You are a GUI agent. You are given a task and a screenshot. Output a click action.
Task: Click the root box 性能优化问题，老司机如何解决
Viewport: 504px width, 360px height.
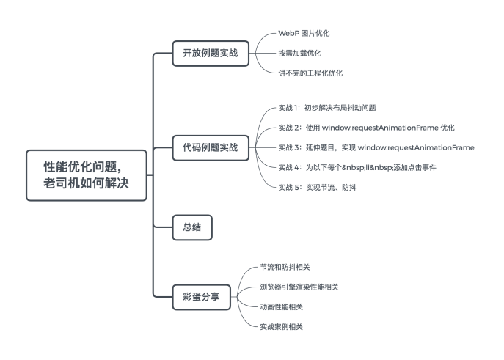[87, 175]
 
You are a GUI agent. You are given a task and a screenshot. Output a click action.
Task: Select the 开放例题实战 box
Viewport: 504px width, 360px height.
[211, 54]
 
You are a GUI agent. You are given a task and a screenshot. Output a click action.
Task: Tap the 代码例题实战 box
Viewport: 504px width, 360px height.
[211, 147]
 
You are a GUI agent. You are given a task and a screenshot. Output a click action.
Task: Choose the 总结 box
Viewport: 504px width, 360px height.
[192, 227]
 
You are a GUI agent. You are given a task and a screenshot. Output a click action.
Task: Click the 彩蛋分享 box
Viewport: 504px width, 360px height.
[201, 297]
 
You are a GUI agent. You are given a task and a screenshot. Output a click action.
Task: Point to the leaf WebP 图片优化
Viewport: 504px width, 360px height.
[304, 34]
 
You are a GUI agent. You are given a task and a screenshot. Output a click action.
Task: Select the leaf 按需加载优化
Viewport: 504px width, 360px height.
[299, 54]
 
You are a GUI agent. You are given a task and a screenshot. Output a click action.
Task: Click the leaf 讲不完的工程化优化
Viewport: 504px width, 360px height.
[310, 73]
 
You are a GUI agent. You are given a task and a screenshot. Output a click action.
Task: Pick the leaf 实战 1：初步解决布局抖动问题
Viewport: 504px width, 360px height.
[327, 108]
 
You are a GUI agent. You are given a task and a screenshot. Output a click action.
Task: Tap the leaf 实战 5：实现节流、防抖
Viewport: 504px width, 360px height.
[317, 188]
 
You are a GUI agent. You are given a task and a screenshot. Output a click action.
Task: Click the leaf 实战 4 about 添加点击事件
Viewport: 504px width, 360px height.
[357, 168]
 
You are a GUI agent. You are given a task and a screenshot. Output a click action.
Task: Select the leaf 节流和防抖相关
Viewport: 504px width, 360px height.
[285, 267]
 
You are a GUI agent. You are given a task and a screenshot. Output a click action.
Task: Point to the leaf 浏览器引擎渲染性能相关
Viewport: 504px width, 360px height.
[299, 287]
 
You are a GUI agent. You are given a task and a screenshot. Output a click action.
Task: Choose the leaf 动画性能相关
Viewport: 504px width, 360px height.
[281, 307]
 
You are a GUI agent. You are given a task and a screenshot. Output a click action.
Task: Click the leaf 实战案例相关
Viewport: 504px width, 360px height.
[281, 327]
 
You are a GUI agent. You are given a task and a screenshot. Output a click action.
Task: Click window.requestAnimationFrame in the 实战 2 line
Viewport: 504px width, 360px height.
[380, 128]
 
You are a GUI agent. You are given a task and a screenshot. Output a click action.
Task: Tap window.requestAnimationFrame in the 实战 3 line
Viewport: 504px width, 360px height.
[416, 147]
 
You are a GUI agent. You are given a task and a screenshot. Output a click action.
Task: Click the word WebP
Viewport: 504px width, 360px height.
[288, 34]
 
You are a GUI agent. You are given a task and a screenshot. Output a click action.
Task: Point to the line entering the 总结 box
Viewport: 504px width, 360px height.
[163, 227]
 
